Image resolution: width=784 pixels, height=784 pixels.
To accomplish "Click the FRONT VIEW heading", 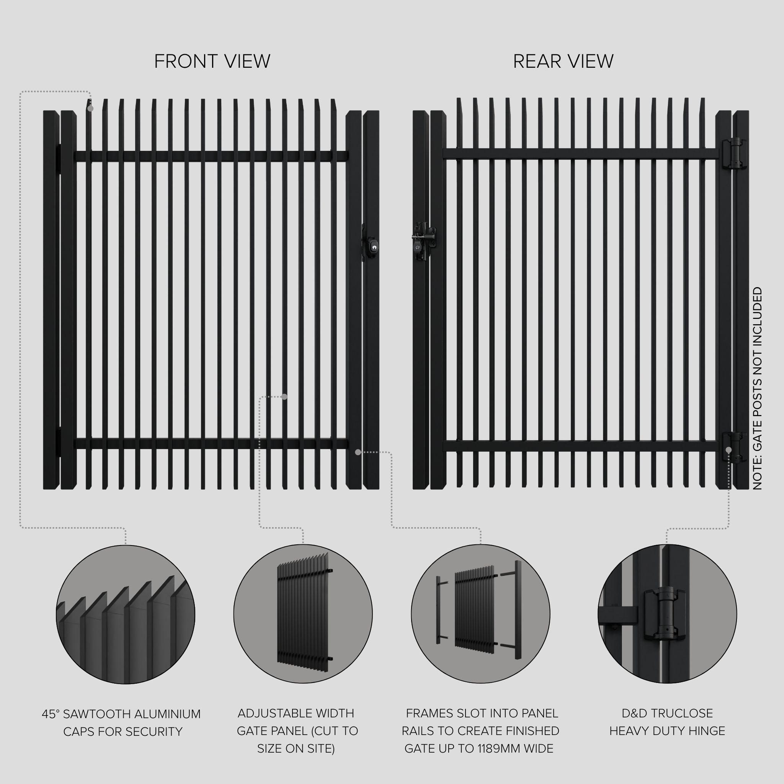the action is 212,61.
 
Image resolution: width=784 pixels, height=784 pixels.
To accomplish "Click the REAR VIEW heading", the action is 563,61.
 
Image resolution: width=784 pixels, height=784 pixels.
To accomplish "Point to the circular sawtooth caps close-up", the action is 126,614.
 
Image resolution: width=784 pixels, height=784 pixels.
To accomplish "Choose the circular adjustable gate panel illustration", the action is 303,614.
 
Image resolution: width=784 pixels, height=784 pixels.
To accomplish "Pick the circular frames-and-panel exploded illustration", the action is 480,614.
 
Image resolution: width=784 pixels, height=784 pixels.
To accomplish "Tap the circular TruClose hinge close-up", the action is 667,614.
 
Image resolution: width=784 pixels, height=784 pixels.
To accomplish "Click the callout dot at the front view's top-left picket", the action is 90,108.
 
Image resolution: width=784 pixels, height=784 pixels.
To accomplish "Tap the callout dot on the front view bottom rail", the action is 358,452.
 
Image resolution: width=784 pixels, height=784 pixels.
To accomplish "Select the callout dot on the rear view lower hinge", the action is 728,450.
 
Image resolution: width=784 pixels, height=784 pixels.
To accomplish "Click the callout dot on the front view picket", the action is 284,397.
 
